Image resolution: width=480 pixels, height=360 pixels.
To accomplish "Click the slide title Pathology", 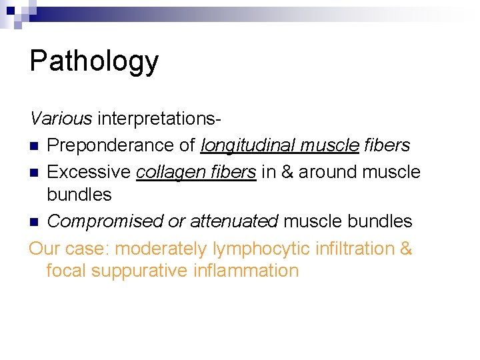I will (94, 61).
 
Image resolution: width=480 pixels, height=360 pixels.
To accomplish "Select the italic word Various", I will (61, 119).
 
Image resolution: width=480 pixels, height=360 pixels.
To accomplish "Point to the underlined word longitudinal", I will (248, 145).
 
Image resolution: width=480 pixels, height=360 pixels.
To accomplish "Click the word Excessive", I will (89, 172).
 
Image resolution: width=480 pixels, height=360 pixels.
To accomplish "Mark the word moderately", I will (161, 249).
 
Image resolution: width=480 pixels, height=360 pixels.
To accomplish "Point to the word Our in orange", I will (45, 249).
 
